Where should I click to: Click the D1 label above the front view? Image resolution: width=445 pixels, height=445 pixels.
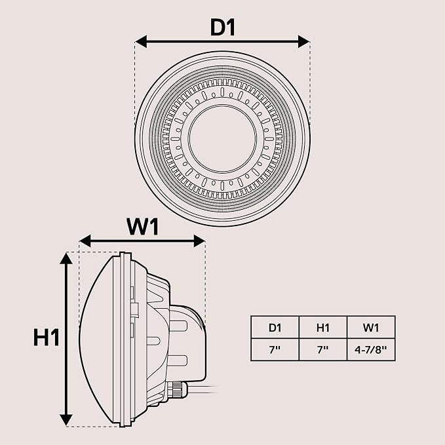tap(223, 28)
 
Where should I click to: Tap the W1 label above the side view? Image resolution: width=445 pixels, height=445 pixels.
tap(142, 227)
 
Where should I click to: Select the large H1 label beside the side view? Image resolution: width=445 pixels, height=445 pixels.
tap(47, 338)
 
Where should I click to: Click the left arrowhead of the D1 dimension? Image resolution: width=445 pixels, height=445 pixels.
tap(141, 42)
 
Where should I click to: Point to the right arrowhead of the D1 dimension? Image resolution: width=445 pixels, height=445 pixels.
tap(303, 42)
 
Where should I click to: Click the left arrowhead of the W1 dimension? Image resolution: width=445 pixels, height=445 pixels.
tap(85, 241)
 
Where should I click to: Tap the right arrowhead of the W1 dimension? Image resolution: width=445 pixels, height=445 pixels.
tap(199, 241)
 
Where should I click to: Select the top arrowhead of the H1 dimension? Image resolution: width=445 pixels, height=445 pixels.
tap(66, 258)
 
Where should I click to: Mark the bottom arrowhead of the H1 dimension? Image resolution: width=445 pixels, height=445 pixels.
tap(66, 420)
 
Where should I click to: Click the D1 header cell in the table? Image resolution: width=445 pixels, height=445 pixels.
tap(275, 328)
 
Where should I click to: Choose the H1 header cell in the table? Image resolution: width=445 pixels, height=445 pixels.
tap(323, 328)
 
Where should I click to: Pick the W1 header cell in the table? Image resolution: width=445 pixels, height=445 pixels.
tap(371, 328)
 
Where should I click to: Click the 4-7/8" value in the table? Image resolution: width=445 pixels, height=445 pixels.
tap(371, 350)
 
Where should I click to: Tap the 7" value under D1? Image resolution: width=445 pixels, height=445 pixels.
tap(275, 350)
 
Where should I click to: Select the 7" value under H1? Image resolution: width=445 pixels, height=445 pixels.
tap(322, 350)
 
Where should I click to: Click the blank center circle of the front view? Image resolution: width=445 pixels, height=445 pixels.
tap(223, 139)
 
